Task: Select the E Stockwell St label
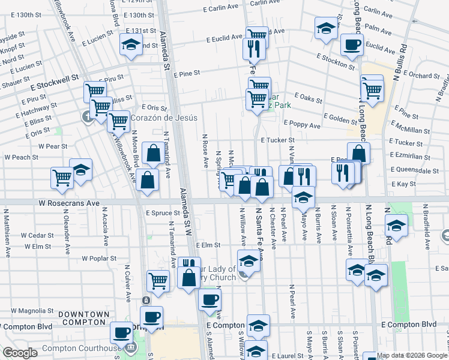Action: tap(52, 78)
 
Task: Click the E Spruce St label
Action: tap(163, 213)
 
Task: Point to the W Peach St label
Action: tap(21, 157)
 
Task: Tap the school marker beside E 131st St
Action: tap(130, 44)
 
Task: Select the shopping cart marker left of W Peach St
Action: tap(62, 178)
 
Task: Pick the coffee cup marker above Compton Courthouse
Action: tap(121, 332)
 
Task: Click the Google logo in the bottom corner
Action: tap(20, 353)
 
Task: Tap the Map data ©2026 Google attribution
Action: tap(412, 355)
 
